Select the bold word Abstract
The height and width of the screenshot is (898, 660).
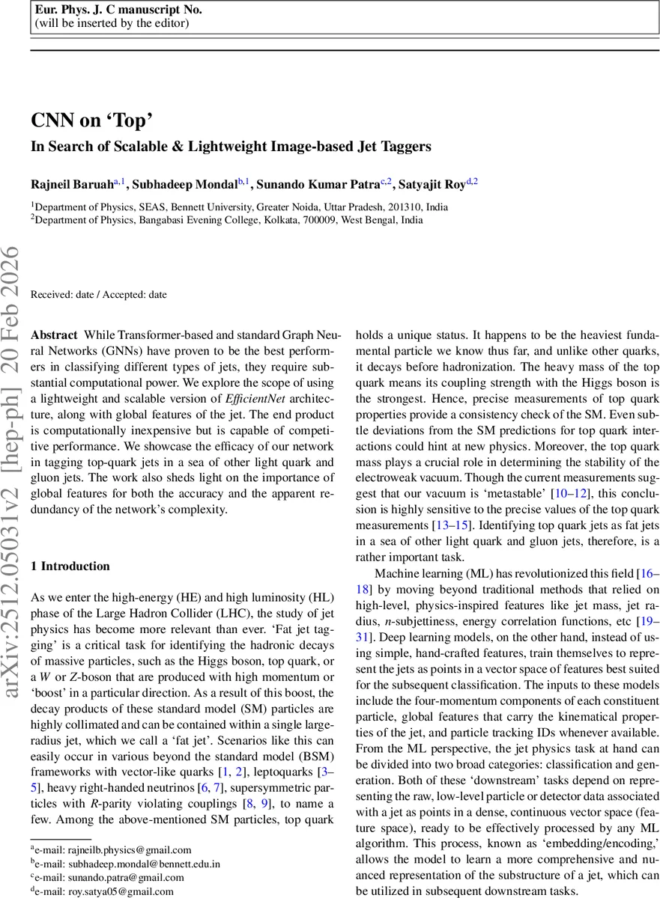tap(54, 335)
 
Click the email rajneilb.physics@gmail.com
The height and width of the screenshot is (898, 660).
tap(113, 849)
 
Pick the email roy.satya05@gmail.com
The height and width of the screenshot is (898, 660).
tap(105, 891)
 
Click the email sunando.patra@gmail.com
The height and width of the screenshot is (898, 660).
tap(109, 877)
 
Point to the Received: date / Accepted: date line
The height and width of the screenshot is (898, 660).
tap(98, 295)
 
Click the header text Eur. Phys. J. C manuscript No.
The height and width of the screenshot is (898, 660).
tap(118, 10)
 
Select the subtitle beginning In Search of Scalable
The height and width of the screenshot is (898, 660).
tap(230, 147)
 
